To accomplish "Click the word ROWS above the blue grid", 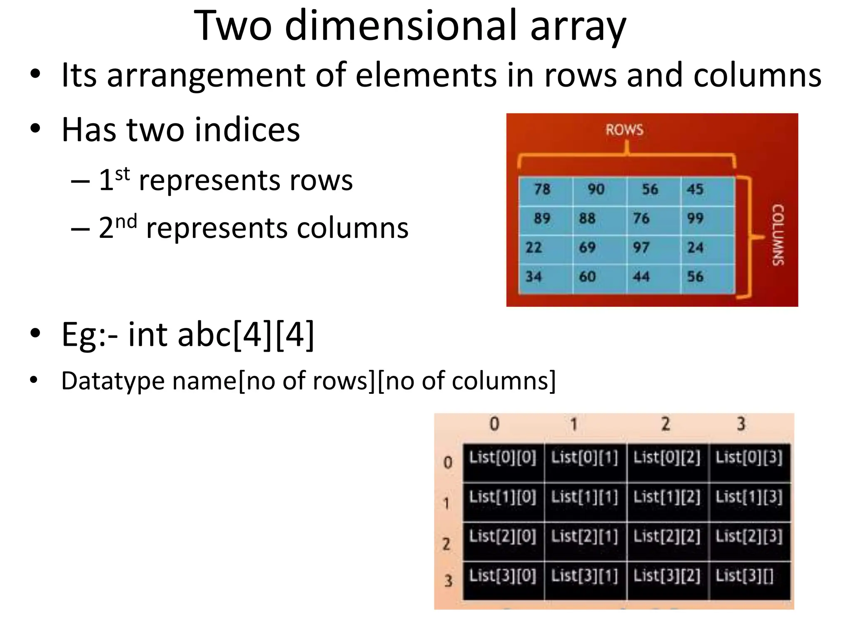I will click(x=624, y=130).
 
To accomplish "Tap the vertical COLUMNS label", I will click(x=778, y=235).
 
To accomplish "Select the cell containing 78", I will click(x=542, y=190).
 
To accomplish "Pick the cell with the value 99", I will click(x=695, y=218).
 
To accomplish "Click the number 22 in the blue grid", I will click(x=534, y=247).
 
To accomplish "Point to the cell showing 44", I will click(x=641, y=277).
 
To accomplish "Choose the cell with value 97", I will click(x=641, y=247).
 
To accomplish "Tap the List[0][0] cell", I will click(x=502, y=457).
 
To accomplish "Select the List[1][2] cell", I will click(x=667, y=497).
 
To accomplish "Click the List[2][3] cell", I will click(x=749, y=536).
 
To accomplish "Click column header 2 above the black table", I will click(x=666, y=424).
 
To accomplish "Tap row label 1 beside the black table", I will click(x=446, y=503).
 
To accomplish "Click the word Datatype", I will click(x=113, y=381).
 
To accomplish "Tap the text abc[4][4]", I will click(x=246, y=334).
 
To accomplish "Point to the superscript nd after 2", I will click(x=126, y=221).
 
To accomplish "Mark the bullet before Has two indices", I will click(x=35, y=129).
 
